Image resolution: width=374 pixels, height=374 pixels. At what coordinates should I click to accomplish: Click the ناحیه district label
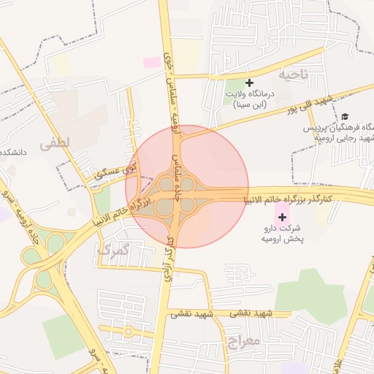(x=294, y=75)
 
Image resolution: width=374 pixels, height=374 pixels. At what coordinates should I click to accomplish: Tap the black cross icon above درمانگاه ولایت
(x=249, y=83)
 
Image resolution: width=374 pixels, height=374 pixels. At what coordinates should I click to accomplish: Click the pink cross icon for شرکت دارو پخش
(x=283, y=217)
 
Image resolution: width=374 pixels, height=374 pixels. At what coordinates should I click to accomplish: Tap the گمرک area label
(x=112, y=251)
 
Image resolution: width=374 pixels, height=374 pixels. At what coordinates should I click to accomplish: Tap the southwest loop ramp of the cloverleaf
(x=166, y=207)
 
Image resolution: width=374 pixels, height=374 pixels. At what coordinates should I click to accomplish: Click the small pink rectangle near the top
(x=152, y=63)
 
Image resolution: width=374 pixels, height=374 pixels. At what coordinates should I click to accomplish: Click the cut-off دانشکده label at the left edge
(x=15, y=152)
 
